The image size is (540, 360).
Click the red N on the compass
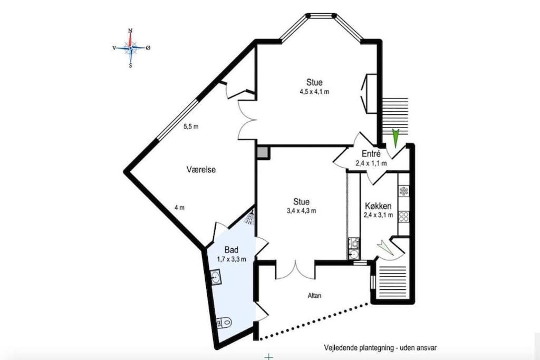(x=130, y=30)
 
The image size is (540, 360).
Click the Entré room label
(x=371, y=154)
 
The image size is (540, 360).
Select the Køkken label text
(x=378, y=206)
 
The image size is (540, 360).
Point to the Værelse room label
(x=201, y=169)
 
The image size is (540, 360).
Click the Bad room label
(x=232, y=250)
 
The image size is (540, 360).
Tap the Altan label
(x=314, y=295)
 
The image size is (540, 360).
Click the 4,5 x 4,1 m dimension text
(x=314, y=92)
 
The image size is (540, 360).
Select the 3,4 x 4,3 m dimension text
(x=301, y=211)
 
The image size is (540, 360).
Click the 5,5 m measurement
(x=191, y=127)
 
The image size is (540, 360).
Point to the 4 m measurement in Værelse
(x=179, y=208)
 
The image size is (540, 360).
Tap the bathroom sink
(x=216, y=277)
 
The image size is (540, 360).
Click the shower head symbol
(x=249, y=217)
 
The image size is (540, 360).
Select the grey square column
(x=263, y=152)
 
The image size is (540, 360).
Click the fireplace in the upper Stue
(x=369, y=93)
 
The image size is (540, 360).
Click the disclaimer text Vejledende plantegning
(x=359, y=348)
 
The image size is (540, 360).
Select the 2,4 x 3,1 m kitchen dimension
(x=378, y=215)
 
